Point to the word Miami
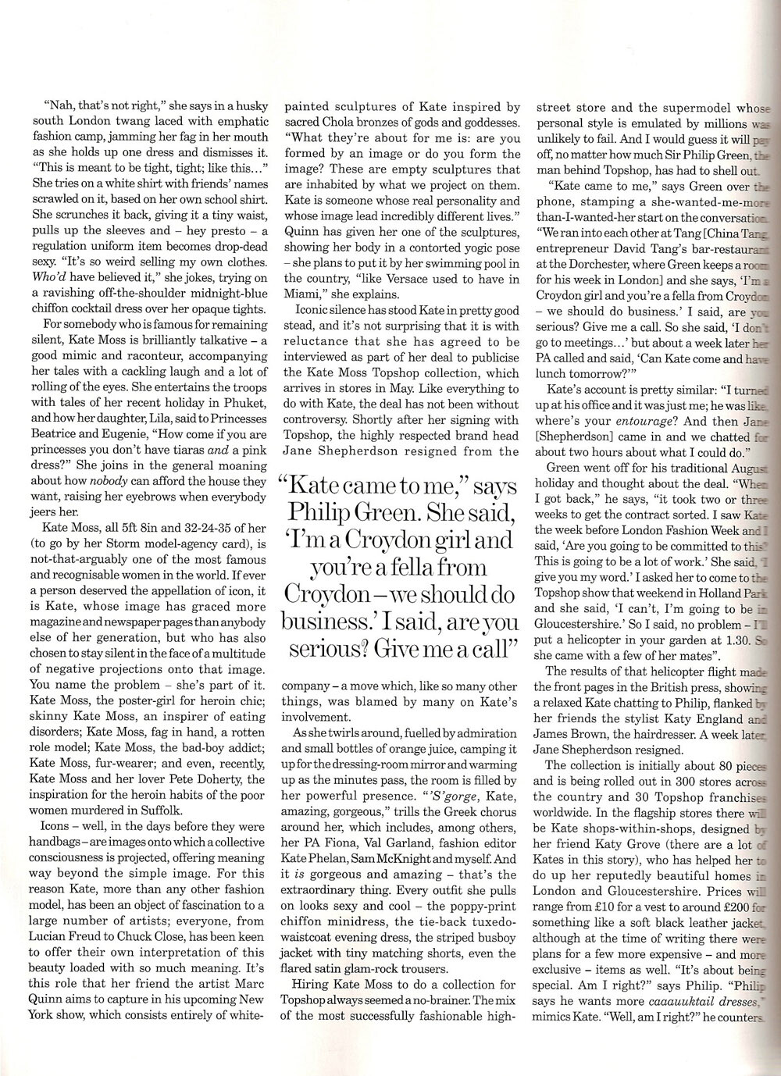(302, 294)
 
